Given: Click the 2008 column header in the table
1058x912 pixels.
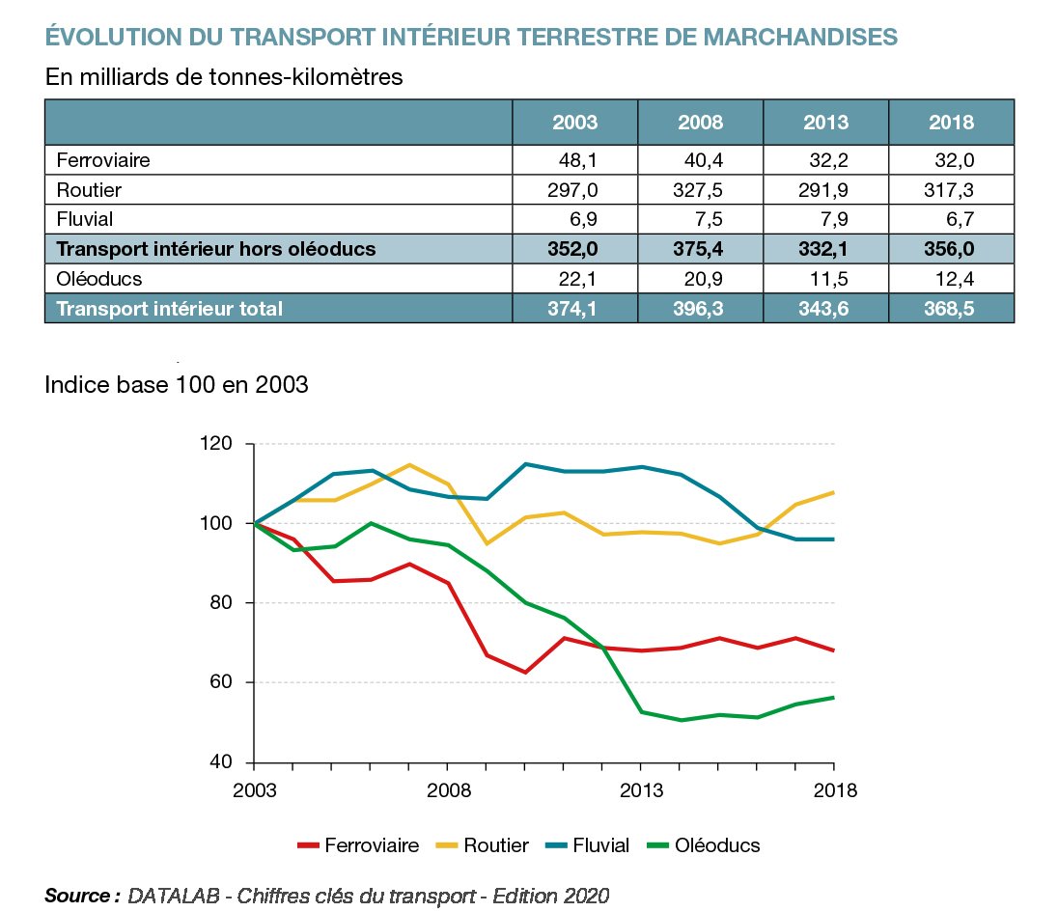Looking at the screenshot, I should pyautogui.click(x=700, y=123).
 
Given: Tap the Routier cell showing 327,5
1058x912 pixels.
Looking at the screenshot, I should pyautogui.click(x=700, y=189).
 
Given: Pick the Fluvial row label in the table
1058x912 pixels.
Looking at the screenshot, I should pyautogui.click(x=85, y=219).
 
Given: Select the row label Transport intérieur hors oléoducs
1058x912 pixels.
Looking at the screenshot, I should pyautogui.click(x=215, y=249).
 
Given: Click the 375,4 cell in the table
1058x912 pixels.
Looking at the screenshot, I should pyautogui.click(x=700, y=249).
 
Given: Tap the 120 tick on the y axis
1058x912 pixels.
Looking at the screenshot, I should pyautogui.click(x=218, y=444).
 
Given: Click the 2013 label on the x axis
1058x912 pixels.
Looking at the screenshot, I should pyautogui.click(x=641, y=790).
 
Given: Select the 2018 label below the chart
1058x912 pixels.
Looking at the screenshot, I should pyautogui.click(x=834, y=790).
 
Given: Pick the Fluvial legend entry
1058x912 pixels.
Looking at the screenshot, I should pyautogui.click(x=600, y=845).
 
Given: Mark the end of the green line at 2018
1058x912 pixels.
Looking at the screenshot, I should pyautogui.click(x=833, y=698).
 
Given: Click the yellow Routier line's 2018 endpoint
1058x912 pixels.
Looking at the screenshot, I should pyautogui.click(x=833, y=493).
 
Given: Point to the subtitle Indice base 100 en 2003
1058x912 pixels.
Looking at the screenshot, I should pyautogui.click(x=176, y=384).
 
